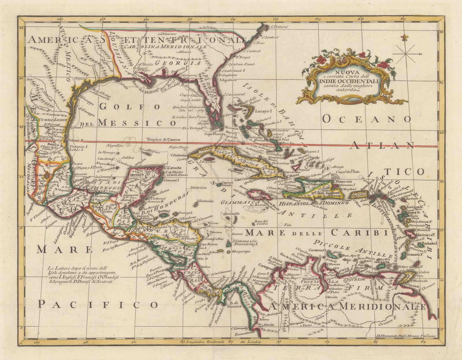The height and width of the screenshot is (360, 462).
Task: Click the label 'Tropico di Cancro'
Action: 163,139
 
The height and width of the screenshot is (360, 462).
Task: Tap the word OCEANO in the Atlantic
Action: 366,119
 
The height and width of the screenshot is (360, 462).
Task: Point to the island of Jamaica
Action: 259,194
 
